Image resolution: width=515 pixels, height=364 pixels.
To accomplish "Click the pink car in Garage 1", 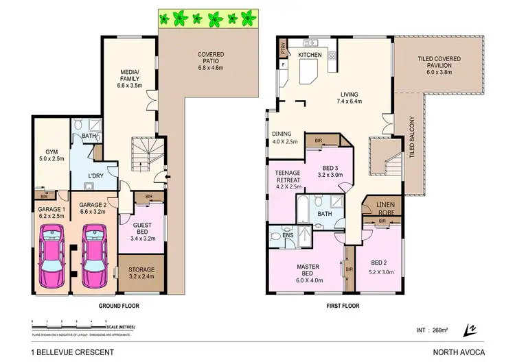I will (52, 254).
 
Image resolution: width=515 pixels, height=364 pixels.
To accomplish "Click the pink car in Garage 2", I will (93, 254).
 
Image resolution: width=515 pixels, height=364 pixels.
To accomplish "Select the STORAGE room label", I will (142, 273).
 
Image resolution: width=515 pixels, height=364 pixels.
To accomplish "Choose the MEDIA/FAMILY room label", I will (130, 78).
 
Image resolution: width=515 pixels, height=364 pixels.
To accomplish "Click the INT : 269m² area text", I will (433, 329).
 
